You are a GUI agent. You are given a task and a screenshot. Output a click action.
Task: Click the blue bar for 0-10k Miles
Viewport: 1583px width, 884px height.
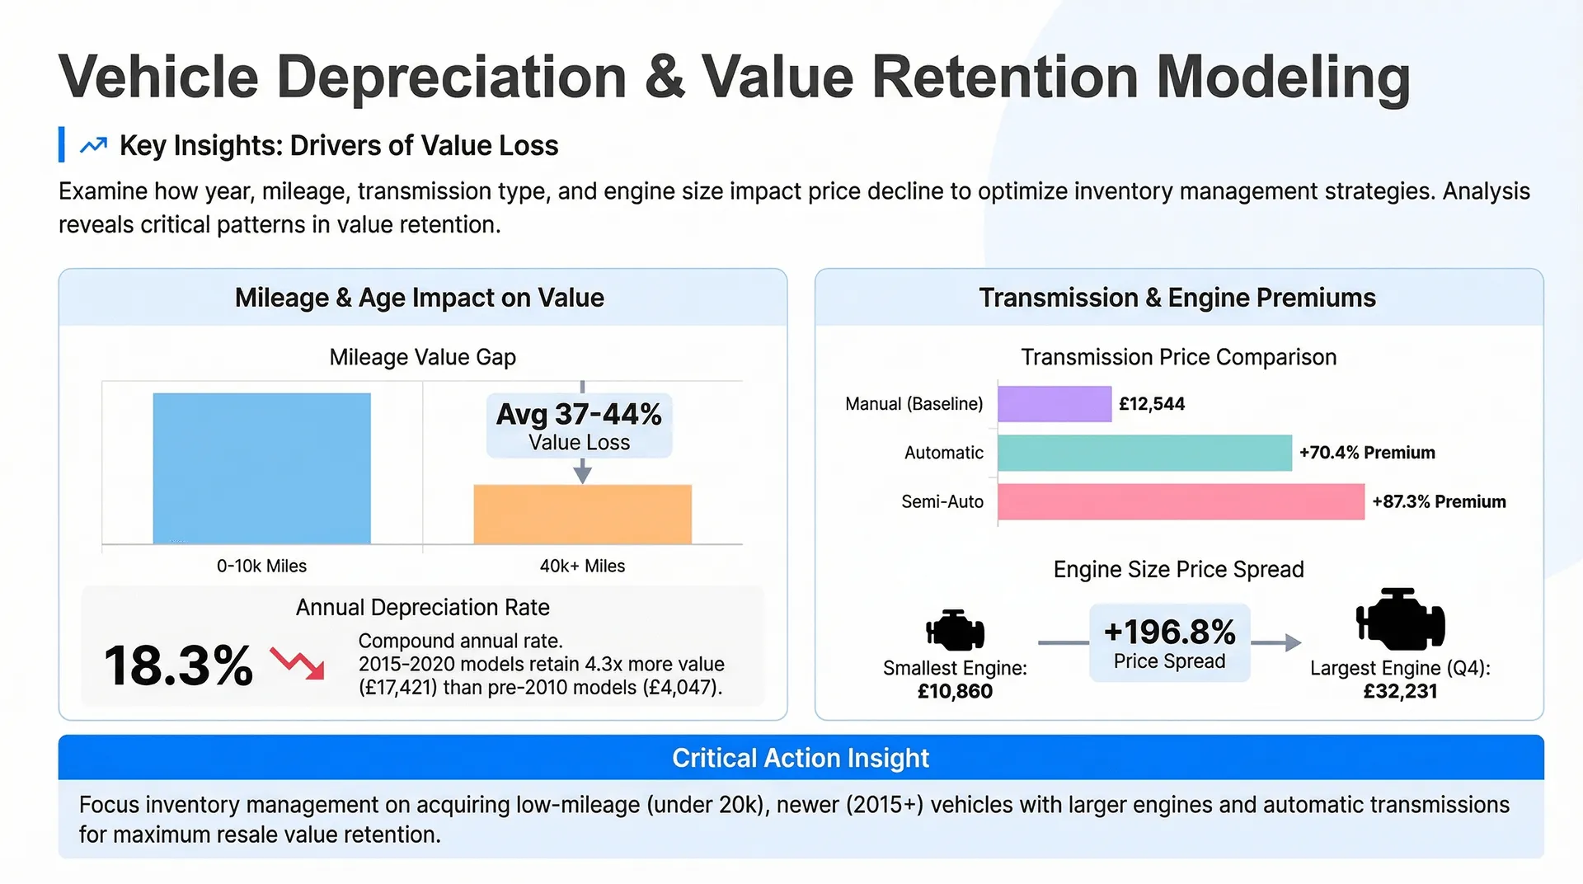tap(261, 468)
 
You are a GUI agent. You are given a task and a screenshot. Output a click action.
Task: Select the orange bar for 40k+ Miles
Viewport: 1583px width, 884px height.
tap(582, 515)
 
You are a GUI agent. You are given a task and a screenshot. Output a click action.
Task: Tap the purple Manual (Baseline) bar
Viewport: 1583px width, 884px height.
tap(1055, 404)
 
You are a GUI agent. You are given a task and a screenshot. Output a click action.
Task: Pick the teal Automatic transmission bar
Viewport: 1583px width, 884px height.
tap(1144, 453)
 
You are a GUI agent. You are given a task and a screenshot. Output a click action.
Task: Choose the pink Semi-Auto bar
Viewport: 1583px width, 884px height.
tap(1181, 501)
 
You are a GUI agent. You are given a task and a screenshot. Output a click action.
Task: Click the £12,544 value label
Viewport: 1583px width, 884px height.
tap(1152, 404)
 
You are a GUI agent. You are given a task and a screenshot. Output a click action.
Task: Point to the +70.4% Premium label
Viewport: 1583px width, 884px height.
tap(1367, 453)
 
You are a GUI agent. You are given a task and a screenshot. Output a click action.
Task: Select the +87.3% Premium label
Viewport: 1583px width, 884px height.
tap(1439, 501)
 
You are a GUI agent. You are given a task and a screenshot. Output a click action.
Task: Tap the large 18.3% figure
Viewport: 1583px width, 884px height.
tap(178, 665)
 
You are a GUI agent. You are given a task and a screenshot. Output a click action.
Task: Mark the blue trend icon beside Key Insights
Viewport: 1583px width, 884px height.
tap(93, 145)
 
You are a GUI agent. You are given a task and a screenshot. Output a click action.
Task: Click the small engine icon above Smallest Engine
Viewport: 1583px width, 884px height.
tap(955, 631)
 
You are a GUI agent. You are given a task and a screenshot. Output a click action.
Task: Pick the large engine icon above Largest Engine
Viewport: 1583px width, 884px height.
tap(1400, 619)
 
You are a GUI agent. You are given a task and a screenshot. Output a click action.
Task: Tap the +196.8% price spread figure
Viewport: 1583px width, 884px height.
tap(1169, 632)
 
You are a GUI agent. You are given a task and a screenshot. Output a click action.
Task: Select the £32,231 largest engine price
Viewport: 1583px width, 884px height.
tap(1400, 691)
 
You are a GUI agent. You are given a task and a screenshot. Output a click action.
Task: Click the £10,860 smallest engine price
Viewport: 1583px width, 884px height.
tap(955, 691)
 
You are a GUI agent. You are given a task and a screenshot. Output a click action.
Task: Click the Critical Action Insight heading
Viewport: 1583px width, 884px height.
tap(801, 758)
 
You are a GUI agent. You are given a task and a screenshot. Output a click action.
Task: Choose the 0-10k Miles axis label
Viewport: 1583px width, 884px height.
tap(261, 567)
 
